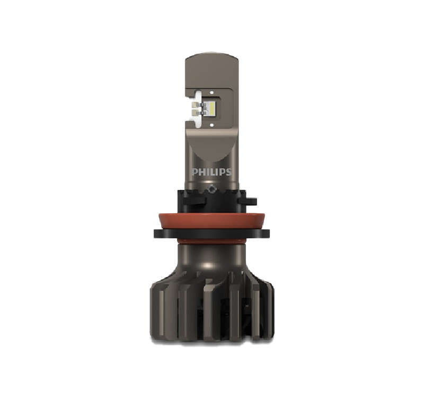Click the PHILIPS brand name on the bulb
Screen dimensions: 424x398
[x=211, y=172]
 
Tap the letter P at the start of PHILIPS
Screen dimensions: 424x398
[x=195, y=172]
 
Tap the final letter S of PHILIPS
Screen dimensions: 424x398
[x=229, y=172]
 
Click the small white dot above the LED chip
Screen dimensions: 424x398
[x=211, y=92]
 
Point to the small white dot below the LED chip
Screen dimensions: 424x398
[x=211, y=125]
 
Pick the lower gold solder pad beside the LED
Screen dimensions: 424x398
[x=195, y=113]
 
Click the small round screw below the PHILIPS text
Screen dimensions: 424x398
[x=211, y=187]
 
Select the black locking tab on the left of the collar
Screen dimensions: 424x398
[x=194, y=201]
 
